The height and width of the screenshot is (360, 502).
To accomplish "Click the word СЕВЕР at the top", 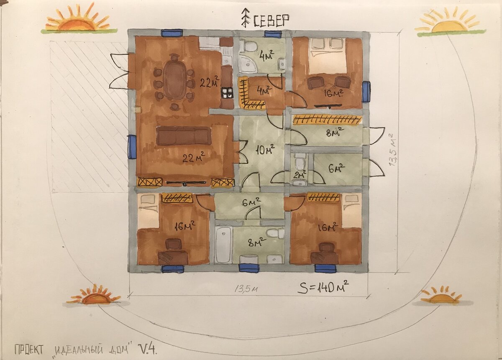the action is coord(271,21).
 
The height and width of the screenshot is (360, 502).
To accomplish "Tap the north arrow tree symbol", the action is coord(246,18).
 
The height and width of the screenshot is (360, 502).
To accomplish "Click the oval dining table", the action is coord(174,81).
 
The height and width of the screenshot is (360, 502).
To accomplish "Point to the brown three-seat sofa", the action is coord(184,136).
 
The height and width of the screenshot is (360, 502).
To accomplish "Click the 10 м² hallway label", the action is coord(265,149).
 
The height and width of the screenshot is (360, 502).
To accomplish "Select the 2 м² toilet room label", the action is coord(300,174).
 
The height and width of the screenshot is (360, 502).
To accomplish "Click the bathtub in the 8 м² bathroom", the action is coord(223,245).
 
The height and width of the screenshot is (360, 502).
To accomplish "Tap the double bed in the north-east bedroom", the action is coord(328,56).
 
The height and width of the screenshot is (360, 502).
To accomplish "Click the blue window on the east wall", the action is coord(366,92).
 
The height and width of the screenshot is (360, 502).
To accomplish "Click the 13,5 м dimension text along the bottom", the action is coord(246,289).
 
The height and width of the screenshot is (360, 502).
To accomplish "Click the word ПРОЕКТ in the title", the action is coord(29,350).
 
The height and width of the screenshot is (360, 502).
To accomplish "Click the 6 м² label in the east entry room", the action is coord(337,168).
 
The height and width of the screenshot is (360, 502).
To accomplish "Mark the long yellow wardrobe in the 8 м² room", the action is coord(328,119).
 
